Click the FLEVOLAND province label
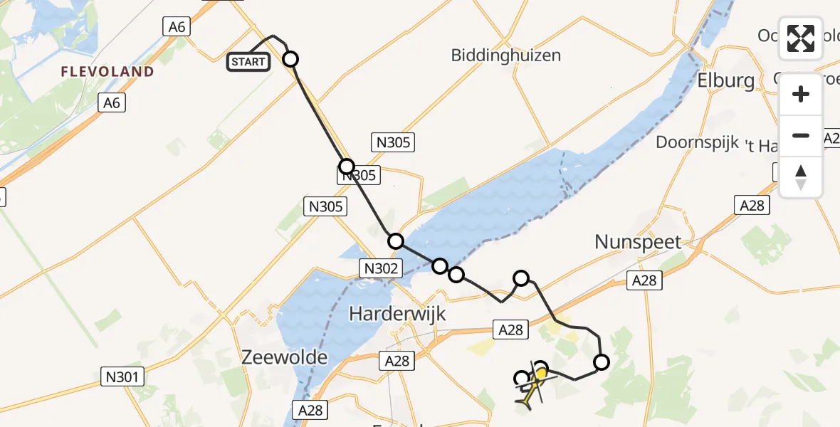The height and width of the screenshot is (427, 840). (x=107, y=72)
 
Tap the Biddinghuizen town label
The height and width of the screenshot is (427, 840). (x=506, y=56)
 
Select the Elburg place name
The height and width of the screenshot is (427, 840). (x=726, y=80)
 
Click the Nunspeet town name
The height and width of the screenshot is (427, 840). (x=638, y=242)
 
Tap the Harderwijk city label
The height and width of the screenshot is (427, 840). (x=397, y=313)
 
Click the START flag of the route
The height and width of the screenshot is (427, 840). (x=248, y=62)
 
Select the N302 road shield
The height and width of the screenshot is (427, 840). (x=382, y=268)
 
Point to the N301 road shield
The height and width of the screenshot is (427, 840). (x=124, y=376)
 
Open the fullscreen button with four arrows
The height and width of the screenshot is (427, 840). (x=801, y=38)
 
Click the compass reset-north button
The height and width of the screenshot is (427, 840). (x=801, y=177)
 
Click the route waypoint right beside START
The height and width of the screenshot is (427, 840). (x=290, y=58)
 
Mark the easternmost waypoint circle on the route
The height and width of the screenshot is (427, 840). (x=602, y=362)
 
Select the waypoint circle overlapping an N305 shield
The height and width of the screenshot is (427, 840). (x=346, y=167)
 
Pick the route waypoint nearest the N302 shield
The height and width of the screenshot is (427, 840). (x=396, y=241)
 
